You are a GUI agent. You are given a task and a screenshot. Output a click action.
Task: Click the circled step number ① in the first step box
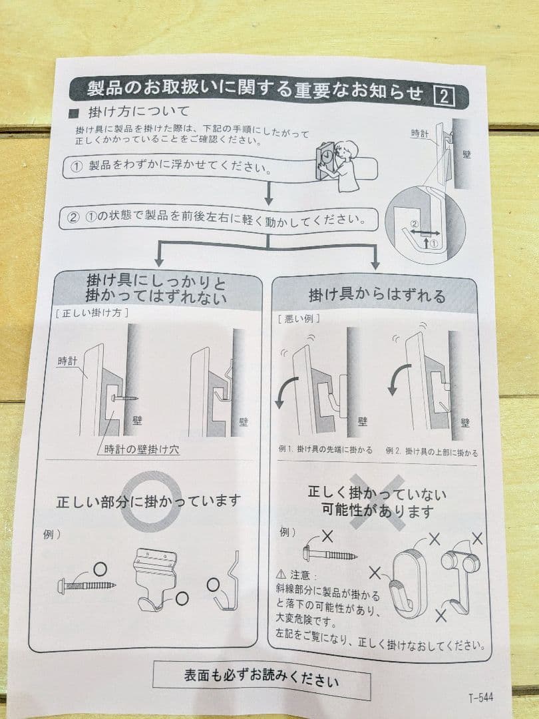(x=76, y=166)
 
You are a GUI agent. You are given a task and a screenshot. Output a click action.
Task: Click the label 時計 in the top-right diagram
(x=420, y=134)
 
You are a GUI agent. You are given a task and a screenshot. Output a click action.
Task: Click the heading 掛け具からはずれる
(x=377, y=295)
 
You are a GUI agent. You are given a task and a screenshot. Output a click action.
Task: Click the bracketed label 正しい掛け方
(x=92, y=312)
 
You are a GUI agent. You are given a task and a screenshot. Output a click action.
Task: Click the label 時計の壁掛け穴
(x=141, y=449)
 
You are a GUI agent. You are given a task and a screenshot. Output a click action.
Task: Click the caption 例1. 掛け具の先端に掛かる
(x=325, y=451)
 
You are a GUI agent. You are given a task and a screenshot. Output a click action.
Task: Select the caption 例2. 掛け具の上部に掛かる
(x=431, y=452)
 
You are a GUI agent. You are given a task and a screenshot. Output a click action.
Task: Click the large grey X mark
(x=377, y=502)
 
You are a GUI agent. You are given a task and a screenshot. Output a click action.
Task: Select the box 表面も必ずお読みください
(x=261, y=680)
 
